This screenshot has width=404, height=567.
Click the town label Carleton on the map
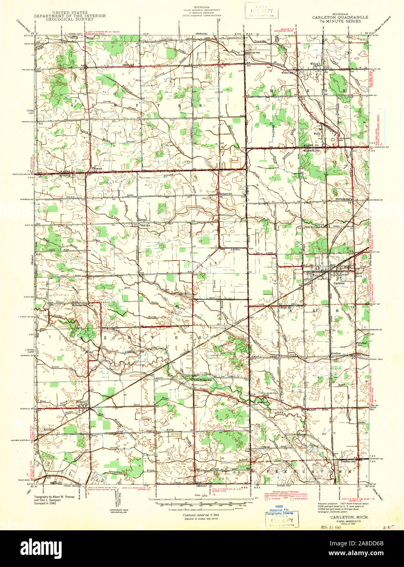click(x=339, y=283)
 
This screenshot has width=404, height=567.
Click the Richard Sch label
click(x=226, y=193)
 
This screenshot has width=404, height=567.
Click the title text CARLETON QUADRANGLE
click(x=340, y=18)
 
